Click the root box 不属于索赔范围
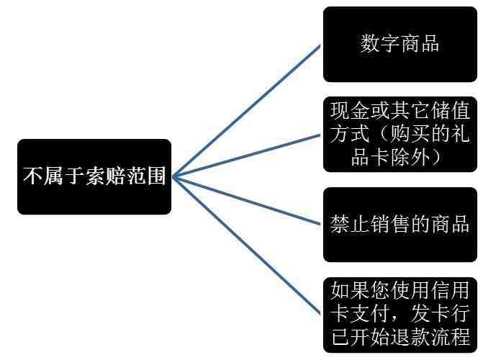[x=94, y=176]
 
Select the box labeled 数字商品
[x=400, y=44]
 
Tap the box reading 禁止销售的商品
[x=400, y=224]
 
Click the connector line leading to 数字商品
[x=246, y=112]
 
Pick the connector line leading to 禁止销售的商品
[x=246, y=201]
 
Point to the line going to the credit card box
[x=246, y=246]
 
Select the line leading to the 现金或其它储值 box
[x=246, y=156]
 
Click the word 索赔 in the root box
[x=105, y=176]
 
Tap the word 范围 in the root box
[x=145, y=176]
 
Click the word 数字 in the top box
[x=380, y=43]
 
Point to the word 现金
[x=350, y=111]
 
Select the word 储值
[x=450, y=111]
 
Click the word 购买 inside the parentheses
[x=410, y=134]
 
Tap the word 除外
[x=410, y=157]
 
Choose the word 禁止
[x=350, y=224]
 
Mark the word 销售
[x=390, y=224]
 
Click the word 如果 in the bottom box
[x=350, y=290]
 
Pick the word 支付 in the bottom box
[x=370, y=314]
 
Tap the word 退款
[x=410, y=337]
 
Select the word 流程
[x=450, y=337]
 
